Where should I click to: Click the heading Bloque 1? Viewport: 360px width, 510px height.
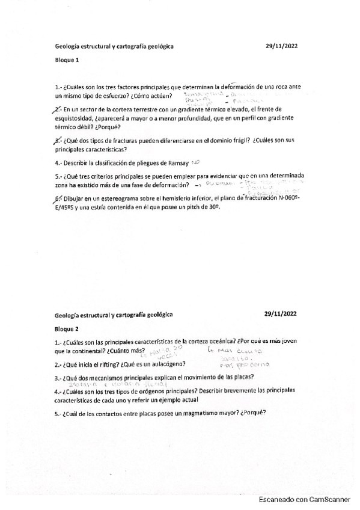point(67,60)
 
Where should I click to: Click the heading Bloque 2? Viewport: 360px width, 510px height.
point(67,329)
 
